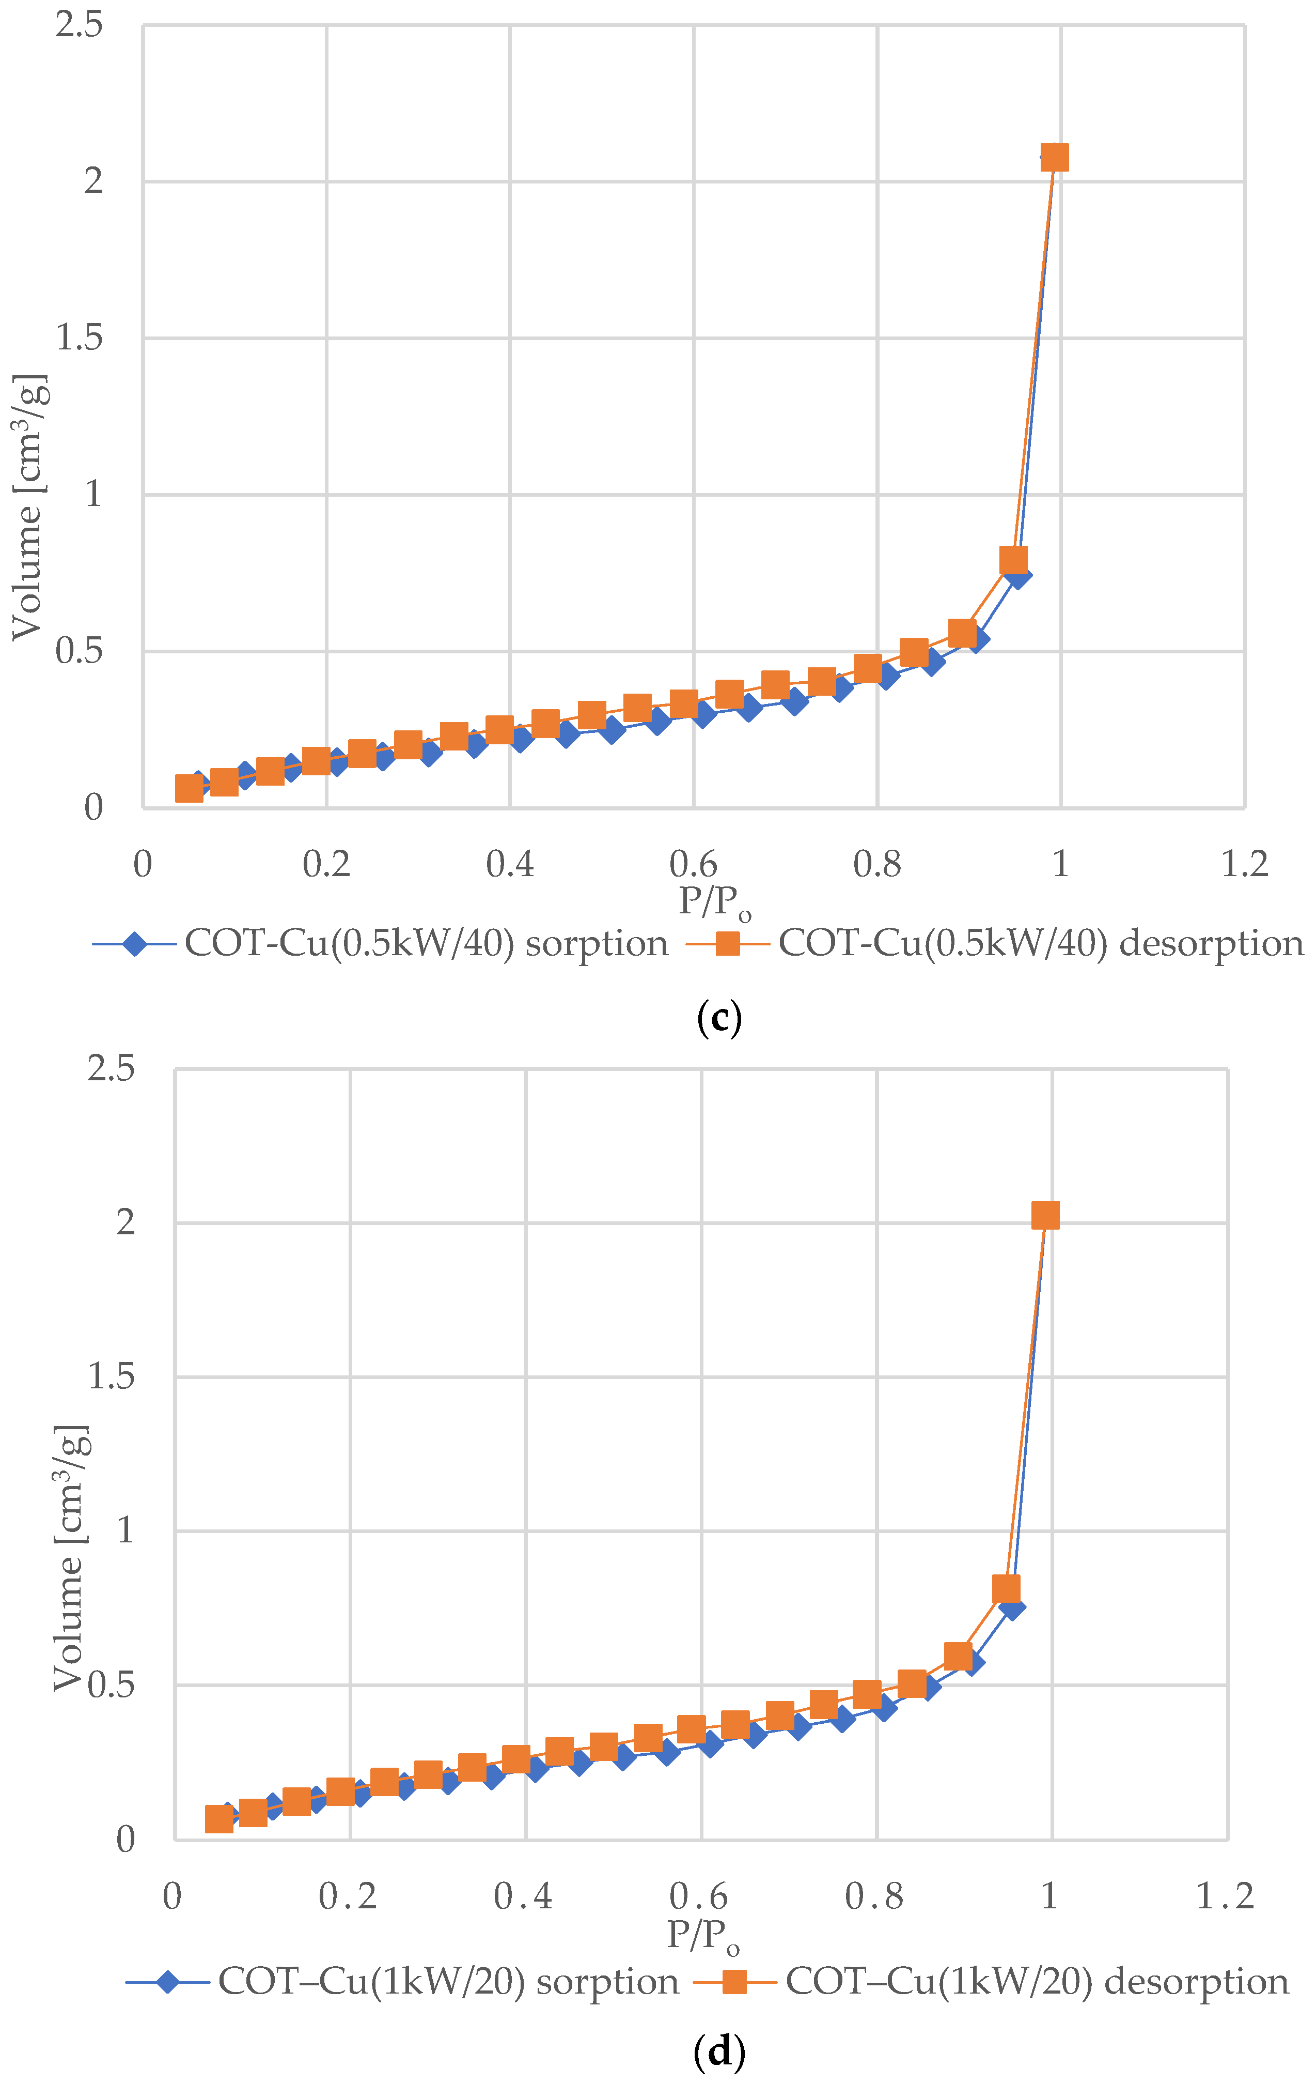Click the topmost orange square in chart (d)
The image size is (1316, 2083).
1045,1215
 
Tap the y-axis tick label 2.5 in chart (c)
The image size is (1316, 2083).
79,24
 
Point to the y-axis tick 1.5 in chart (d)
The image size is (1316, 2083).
112,1376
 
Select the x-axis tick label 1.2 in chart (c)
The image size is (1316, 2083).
1244,863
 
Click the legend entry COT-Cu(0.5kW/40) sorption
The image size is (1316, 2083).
381,943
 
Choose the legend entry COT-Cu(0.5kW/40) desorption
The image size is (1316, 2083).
994,943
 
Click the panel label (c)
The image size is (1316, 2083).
718,1018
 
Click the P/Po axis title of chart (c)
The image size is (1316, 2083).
714,902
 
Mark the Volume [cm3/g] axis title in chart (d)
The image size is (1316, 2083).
71,1557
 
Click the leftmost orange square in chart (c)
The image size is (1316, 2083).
190,788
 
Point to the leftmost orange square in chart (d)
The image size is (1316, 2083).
220,1819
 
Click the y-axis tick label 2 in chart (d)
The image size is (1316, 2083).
126,1222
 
